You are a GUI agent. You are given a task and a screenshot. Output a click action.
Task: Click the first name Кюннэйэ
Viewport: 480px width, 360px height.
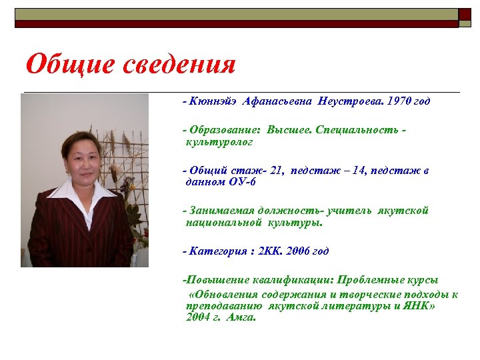click(211, 101)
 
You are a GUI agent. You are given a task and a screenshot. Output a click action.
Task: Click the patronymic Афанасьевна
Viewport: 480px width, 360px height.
click(273, 101)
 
